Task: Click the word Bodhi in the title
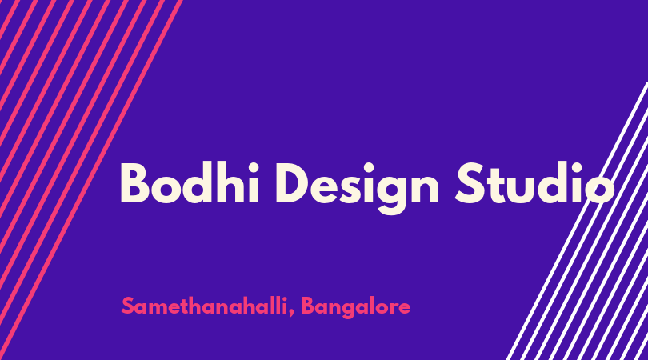pyautogui.click(x=190, y=182)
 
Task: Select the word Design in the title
pyautogui.click(x=358, y=188)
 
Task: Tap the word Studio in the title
pyautogui.click(x=534, y=182)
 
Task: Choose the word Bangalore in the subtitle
pyautogui.click(x=356, y=308)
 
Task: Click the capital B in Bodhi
pyautogui.click(x=134, y=183)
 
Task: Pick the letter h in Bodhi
pyautogui.click(x=230, y=182)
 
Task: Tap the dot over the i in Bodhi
pyautogui.click(x=254, y=167)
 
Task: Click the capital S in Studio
pyautogui.click(x=470, y=183)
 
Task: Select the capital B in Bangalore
pyautogui.click(x=308, y=306)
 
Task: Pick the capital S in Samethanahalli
pyautogui.click(x=128, y=306)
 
